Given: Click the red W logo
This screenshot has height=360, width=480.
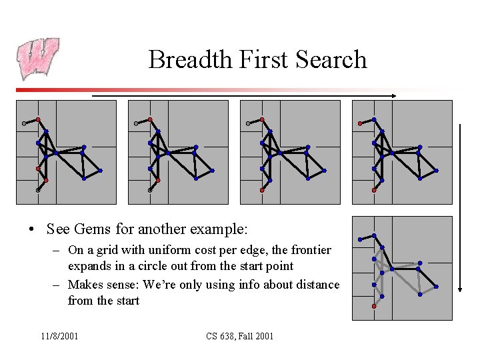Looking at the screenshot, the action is [38, 59].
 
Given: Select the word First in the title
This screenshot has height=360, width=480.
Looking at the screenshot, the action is [255, 60].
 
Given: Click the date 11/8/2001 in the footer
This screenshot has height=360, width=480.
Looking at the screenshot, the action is [59, 336].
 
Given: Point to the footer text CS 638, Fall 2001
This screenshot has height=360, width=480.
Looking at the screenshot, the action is [240, 336].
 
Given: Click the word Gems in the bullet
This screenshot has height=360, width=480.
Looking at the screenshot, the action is [93, 229].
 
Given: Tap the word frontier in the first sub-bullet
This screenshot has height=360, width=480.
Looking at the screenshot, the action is [308, 250].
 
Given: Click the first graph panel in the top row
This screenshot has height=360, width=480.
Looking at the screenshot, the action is [66, 152].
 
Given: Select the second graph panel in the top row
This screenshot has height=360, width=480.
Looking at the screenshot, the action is [178, 152].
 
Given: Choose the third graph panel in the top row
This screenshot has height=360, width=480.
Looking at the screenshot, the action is [290, 152].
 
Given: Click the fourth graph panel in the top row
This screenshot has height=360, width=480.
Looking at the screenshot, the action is [402, 152].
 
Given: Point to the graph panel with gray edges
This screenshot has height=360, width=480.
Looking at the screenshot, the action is [402, 268].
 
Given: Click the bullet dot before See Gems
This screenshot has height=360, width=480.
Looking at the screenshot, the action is [32, 230].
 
